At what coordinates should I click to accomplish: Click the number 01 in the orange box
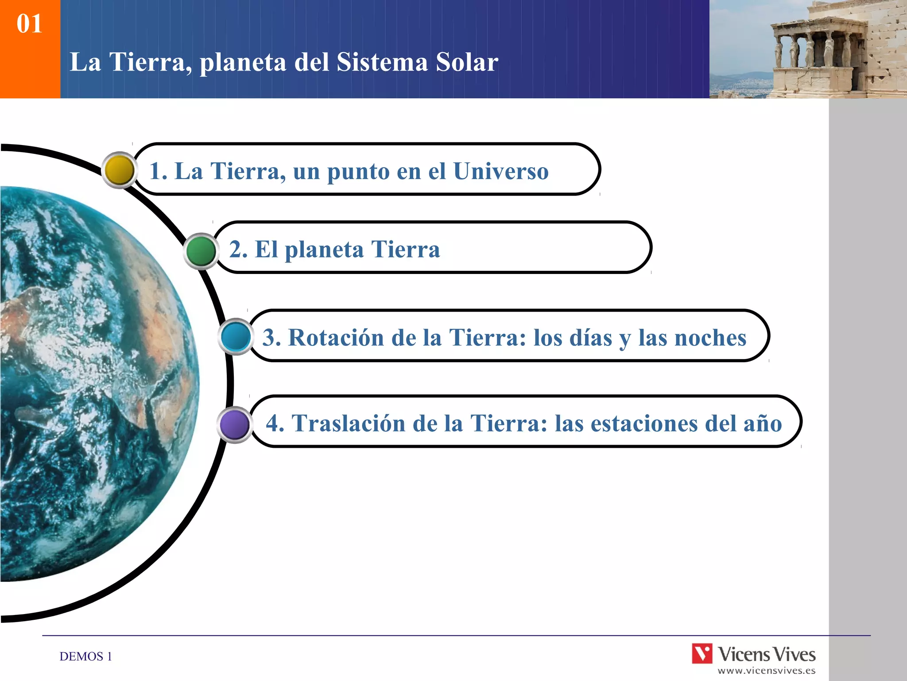pos(30,23)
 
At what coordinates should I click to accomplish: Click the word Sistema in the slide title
pos(382,62)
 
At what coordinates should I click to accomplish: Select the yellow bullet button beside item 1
pos(120,170)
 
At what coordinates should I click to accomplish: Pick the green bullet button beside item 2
pos(201,251)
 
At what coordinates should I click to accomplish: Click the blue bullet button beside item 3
pos(236,337)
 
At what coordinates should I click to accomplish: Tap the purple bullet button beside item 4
pos(235,424)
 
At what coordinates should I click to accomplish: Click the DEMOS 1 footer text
pos(85,656)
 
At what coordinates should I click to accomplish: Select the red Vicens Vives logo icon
pos(702,654)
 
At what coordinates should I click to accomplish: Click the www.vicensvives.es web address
pos(766,671)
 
